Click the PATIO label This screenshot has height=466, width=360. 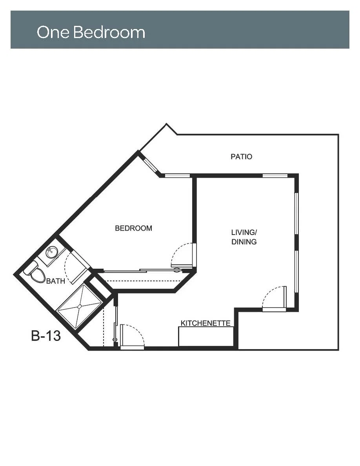[x=241, y=157]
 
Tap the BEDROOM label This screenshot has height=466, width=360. [x=133, y=228]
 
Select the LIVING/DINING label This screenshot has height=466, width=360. [x=244, y=237]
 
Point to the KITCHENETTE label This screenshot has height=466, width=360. [x=205, y=323]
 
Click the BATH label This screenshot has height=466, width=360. [x=56, y=281]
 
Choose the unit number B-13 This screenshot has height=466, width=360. [x=46, y=336]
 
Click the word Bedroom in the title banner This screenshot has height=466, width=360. [x=109, y=32]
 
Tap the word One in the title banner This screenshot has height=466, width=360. [x=53, y=32]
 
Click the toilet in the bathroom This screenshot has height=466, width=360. [x=35, y=272]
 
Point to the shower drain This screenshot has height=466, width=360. [x=79, y=306]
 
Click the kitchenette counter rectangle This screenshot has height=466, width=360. [x=206, y=337]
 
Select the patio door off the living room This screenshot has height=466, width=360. [x=274, y=299]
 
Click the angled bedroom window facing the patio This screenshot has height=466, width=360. [x=150, y=164]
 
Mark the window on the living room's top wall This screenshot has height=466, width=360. [x=275, y=176]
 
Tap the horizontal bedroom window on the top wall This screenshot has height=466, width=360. [x=177, y=176]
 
